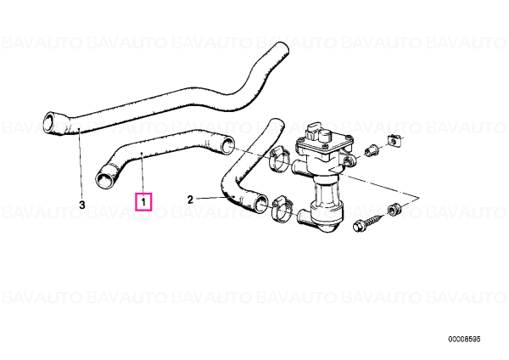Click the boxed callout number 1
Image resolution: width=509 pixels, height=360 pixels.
[x=143, y=202]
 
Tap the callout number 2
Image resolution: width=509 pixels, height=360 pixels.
[x=190, y=200]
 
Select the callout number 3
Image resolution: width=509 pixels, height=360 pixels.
[x=82, y=205]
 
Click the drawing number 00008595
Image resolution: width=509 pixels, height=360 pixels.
[x=464, y=340]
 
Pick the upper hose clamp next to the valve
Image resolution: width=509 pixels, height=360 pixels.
[x=278, y=159]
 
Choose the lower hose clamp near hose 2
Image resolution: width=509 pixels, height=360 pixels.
[x=282, y=209]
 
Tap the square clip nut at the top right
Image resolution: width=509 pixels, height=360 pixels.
[x=393, y=141]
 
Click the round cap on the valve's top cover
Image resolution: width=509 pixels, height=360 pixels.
[x=325, y=134]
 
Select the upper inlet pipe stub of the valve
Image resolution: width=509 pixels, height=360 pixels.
[x=299, y=166]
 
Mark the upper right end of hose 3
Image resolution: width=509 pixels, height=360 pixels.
[x=281, y=48]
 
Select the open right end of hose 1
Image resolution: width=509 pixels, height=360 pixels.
[x=228, y=144]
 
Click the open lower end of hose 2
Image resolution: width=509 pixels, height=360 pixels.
[x=260, y=205]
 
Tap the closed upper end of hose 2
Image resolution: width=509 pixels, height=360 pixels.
[x=277, y=123]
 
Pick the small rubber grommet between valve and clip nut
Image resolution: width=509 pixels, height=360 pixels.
[x=371, y=151]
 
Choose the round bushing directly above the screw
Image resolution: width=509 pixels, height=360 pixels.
[x=394, y=208]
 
